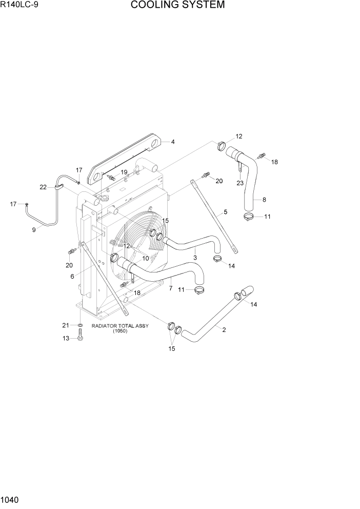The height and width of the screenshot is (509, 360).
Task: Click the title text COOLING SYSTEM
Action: (177, 6)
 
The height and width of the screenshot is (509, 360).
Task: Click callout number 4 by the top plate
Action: (173, 142)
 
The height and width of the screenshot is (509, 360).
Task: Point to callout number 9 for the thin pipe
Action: (34, 230)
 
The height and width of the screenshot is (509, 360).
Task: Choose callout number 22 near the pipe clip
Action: (43, 187)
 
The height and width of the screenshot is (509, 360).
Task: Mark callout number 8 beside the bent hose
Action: (264, 200)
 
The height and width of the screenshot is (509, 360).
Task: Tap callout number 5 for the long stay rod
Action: (225, 212)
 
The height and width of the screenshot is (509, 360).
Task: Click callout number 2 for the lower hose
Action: (224, 330)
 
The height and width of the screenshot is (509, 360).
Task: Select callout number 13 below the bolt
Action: (66, 338)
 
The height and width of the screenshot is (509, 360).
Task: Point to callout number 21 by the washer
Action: (66, 325)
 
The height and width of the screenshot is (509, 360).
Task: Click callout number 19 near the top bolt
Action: (124, 172)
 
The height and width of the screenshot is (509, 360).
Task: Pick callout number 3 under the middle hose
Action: (195, 257)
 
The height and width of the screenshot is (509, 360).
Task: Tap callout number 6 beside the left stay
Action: (72, 276)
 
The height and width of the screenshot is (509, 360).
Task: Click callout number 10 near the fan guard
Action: (146, 258)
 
